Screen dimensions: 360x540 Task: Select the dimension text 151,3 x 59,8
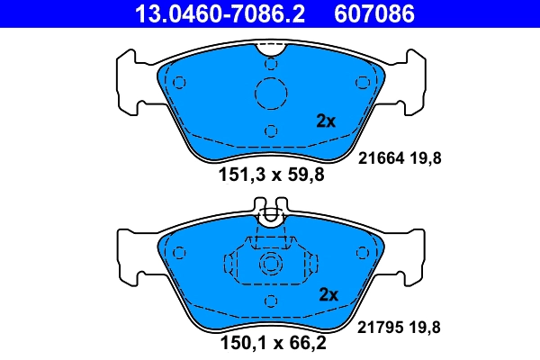click(271, 175)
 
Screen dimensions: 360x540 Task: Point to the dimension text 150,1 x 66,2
click(271, 342)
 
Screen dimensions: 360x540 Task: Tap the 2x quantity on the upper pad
click(325, 121)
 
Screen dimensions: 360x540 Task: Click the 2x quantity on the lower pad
click(328, 295)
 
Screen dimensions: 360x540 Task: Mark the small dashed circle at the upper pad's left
click(178, 83)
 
